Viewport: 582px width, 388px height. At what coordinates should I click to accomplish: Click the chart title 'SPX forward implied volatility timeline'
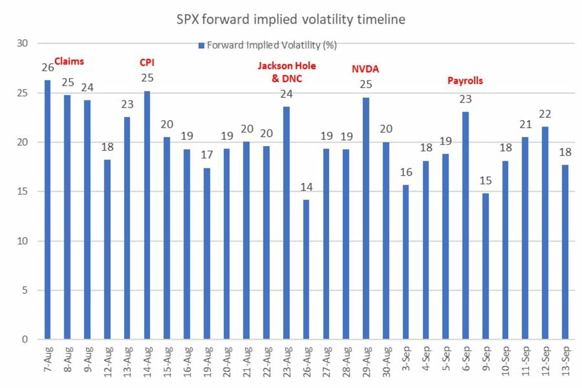point(291,20)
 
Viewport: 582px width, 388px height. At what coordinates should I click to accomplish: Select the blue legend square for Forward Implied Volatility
point(201,46)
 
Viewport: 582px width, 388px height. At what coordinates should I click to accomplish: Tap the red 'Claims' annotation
point(69,62)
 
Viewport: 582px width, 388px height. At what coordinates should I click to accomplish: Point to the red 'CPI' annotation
point(147,63)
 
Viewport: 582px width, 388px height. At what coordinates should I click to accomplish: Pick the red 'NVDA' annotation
point(365,69)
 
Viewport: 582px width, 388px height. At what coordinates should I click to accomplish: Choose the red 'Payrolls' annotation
point(465,81)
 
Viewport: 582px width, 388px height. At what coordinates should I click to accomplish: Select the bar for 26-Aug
point(306,269)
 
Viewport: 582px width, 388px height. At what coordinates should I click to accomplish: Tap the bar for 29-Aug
point(366,218)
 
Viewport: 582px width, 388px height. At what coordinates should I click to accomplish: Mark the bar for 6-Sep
point(466,226)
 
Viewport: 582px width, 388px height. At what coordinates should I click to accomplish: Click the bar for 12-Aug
point(107,249)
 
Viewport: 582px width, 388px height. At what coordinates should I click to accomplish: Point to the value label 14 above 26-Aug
point(306,186)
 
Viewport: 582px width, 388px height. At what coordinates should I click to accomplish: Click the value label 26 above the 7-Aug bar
point(47,67)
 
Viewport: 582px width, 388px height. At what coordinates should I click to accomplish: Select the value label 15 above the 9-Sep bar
point(485,180)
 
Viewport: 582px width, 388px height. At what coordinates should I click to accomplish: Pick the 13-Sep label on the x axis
point(566,363)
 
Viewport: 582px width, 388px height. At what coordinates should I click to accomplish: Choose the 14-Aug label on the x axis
point(147,363)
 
